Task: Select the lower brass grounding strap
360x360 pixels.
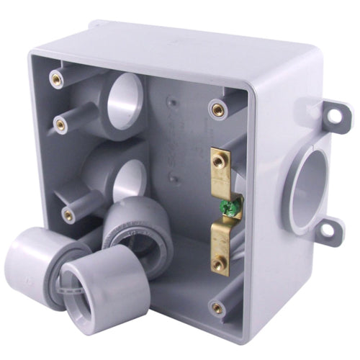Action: click(x=220, y=246)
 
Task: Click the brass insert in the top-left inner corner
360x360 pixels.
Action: click(x=56, y=78)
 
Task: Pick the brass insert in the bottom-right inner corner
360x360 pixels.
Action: click(x=217, y=308)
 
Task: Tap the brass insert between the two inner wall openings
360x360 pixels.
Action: click(x=61, y=125)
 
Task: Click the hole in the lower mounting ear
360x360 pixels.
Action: click(x=330, y=230)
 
